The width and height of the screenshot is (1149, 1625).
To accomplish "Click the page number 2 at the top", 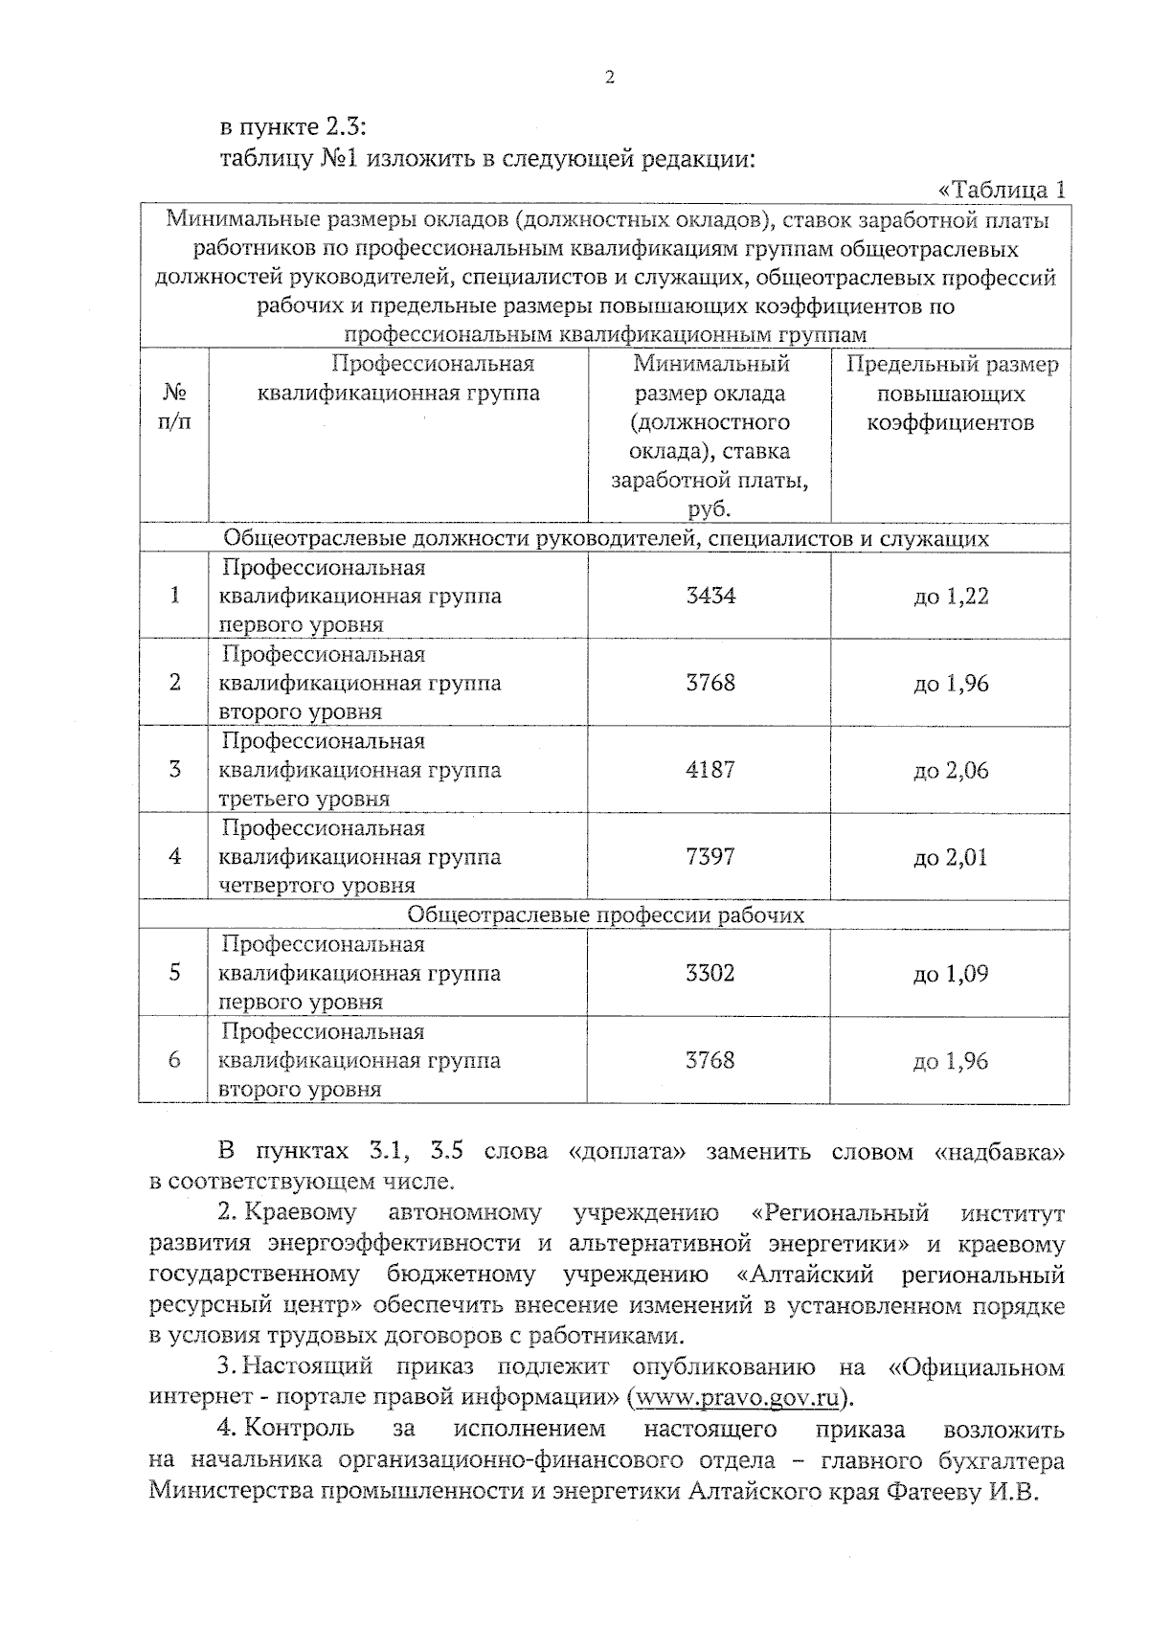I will coord(609,79).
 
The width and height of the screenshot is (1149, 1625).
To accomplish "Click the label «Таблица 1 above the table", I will coord(1002,190).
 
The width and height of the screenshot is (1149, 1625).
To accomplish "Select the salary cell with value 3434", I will coord(710,596).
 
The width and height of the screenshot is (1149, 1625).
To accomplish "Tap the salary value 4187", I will coord(710,770).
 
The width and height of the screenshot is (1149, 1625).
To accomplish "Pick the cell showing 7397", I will coord(710,857).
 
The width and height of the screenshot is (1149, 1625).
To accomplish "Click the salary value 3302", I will coord(710,974).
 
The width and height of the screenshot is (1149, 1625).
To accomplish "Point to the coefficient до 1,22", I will coord(950,597).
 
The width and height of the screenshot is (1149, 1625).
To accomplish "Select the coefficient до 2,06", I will coord(950,771).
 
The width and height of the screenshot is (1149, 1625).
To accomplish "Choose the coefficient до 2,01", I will coord(950,858).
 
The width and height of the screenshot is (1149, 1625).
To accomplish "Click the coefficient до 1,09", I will coord(950,975).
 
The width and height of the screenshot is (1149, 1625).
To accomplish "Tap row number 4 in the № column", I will coord(174,857).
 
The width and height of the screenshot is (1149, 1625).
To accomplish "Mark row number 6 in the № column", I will coord(174,1061).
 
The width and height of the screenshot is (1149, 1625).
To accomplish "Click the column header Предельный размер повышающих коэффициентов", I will coord(951,394).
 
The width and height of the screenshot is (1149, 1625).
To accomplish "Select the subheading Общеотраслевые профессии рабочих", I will coord(605,915).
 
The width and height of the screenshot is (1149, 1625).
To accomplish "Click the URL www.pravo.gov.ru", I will coord(736,1397).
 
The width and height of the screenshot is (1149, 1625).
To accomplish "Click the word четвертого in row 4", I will coord(271,886).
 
